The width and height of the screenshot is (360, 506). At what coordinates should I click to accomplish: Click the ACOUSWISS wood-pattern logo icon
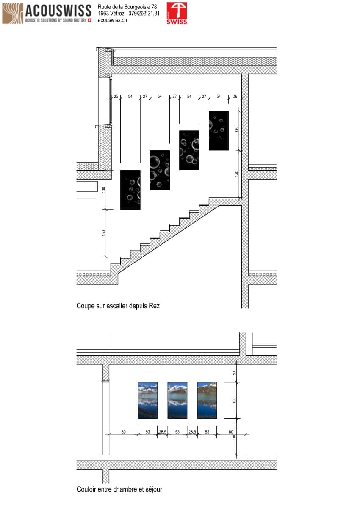[13, 13]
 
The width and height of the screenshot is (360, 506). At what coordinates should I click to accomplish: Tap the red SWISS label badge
[177, 13]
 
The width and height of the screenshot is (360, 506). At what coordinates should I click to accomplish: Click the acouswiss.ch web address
[112, 20]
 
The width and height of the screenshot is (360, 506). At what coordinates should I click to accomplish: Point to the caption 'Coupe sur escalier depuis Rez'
[118, 305]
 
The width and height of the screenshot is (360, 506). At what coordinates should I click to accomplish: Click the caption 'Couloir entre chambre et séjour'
[119, 489]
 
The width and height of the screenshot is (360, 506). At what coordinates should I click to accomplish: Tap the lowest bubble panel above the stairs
[130, 190]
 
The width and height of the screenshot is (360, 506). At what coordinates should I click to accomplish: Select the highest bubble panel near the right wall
[219, 130]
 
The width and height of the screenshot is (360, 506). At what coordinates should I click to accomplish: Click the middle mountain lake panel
[177, 400]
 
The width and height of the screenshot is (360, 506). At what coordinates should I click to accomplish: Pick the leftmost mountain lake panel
[148, 400]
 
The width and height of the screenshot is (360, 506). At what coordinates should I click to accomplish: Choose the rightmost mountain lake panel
[207, 400]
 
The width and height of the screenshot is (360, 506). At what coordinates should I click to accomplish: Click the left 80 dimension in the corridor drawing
[124, 432]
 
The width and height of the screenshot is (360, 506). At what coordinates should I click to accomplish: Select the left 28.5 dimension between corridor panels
[163, 432]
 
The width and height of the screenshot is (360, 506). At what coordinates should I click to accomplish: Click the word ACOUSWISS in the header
[58, 10]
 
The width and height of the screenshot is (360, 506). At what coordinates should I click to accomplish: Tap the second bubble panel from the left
[160, 170]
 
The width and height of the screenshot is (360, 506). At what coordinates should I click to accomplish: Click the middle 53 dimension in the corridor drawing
[177, 432]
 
